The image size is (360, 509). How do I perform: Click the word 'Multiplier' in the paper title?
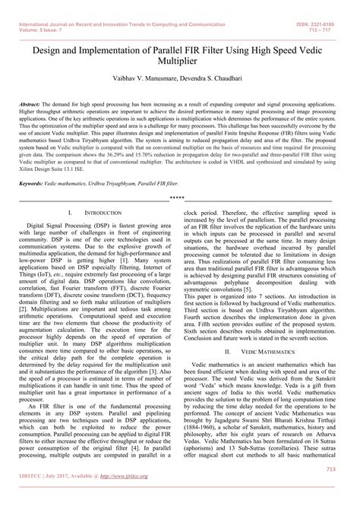pos(179,58)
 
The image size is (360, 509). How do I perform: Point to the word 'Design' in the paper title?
pos(49,45)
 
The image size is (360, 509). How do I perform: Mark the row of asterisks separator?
pos(179,196)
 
